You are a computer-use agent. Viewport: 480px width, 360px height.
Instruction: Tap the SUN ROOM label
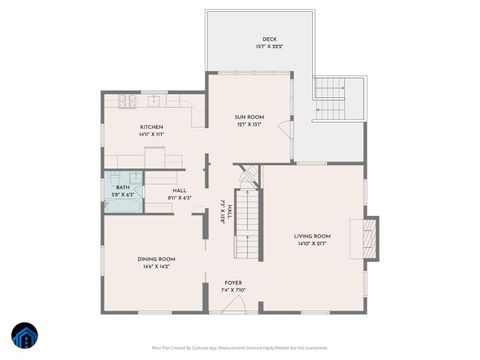pyautogui.click(x=249, y=118)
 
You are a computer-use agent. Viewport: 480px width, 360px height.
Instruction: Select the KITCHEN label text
pyautogui.click(x=152, y=127)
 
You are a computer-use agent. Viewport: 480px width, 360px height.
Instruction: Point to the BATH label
pyautogui.click(x=122, y=187)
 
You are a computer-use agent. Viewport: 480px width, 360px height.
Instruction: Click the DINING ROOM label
pyautogui.click(x=157, y=259)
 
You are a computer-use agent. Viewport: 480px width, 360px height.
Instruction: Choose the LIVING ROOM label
pyautogui.click(x=312, y=236)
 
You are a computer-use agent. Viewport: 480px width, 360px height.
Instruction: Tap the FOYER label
pyautogui.click(x=233, y=283)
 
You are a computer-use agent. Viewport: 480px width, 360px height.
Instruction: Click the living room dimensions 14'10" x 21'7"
pyautogui.click(x=312, y=243)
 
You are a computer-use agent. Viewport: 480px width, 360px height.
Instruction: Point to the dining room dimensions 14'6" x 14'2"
pyautogui.click(x=157, y=266)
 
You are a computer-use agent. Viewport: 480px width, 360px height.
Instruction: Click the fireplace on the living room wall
pyautogui.click(x=369, y=238)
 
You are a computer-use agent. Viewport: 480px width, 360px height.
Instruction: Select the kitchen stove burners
pyautogui.click(x=128, y=100)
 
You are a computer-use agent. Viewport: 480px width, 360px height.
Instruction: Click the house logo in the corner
pyautogui.click(x=23, y=336)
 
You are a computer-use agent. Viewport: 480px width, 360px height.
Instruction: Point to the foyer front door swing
pyautogui.click(x=235, y=306)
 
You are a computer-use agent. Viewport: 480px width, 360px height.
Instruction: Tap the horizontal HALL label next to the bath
pyautogui.click(x=180, y=190)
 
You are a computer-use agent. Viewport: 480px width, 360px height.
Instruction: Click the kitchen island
pyautogui.click(x=157, y=157)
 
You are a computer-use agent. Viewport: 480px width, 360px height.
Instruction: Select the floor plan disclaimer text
pyautogui.click(x=240, y=348)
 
